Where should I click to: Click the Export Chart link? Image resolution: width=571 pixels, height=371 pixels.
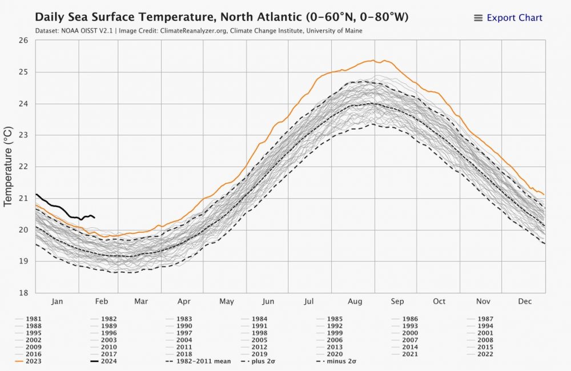point(514,18)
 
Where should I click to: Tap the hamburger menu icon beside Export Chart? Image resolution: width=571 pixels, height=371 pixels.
point(478,18)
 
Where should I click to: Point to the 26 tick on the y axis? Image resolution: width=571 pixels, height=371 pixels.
point(23,41)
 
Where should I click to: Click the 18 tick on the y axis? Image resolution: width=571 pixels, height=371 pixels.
point(23,293)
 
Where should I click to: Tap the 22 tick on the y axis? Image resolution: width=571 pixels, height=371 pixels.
point(23,167)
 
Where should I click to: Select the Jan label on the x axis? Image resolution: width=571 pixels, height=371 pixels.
point(57,301)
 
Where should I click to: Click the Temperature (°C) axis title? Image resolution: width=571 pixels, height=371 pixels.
point(9,166)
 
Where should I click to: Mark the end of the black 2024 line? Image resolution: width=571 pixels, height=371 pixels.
point(94,217)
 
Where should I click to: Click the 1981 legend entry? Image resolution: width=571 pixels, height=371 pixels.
point(34,318)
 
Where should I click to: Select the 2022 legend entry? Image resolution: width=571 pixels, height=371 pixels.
point(485,354)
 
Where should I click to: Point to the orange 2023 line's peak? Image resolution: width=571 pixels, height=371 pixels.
point(373,60)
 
